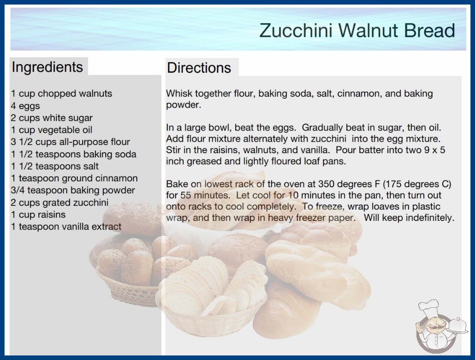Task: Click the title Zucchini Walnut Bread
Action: (x=357, y=30)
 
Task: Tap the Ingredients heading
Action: (x=47, y=67)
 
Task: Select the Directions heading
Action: (x=199, y=68)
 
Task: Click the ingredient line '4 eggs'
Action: (x=25, y=106)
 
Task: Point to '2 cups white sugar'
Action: (x=51, y=118)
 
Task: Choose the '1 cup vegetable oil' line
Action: (x=51, y=130)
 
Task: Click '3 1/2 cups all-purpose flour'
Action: (x=70, y=142)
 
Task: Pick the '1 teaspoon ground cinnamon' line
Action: (x=74, y=178)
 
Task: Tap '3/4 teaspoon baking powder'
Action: (x=73, y=190)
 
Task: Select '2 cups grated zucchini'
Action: (x=59, y=202)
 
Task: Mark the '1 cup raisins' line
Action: (x=38, y=215)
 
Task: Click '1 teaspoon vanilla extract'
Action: (x=66, y=226)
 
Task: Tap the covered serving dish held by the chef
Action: (x=458, y=325)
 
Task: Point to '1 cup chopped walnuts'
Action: (x=61, y=94)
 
